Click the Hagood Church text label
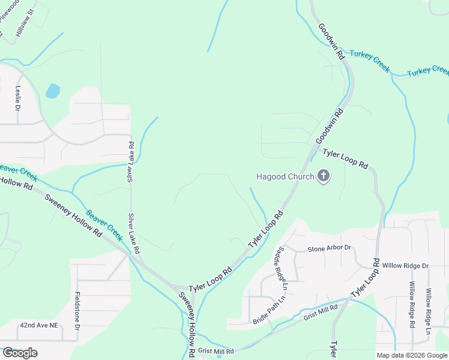click(x=285, y=176)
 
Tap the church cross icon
click(x=324, y=176)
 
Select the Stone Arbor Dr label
click(x=329, y=248)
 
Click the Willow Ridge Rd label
click(x=412, y=305)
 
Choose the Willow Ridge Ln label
click(x=429, y=311)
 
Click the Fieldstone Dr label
click(x=77, y=311)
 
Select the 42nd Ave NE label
click(x=39, y=325)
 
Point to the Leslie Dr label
click(x=18, y=99)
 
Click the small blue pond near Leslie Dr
click(x=53, y=91)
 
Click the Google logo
click(x=19, y=353)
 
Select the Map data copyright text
click(x=412, y=355)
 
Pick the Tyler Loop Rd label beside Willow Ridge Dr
click(x=366, y=278)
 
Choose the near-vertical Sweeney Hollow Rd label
click(x=187, y=323)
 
